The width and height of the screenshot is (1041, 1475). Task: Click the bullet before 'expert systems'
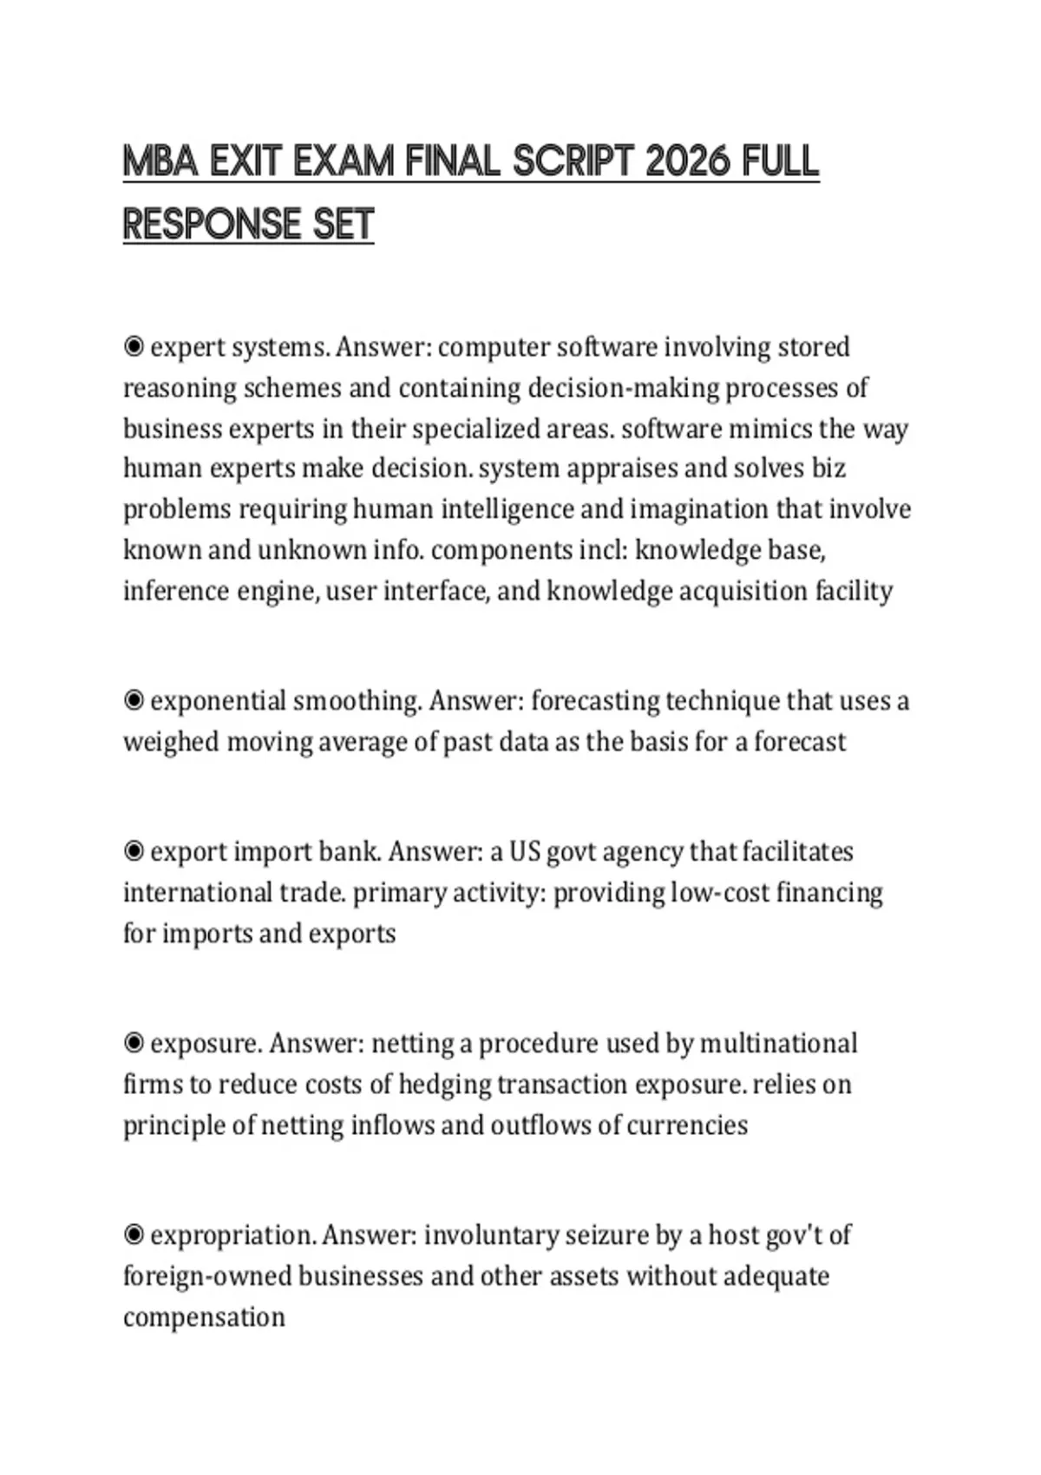(134, 347)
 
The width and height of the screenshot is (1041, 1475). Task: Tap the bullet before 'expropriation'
(134, 1234)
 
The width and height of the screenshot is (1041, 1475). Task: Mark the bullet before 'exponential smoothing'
(134, 700)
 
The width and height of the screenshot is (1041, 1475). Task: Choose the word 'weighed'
(170, 742)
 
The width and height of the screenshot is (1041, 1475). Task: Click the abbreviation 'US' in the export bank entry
(524, 851)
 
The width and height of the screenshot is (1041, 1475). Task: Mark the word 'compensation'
(204, 1317)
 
